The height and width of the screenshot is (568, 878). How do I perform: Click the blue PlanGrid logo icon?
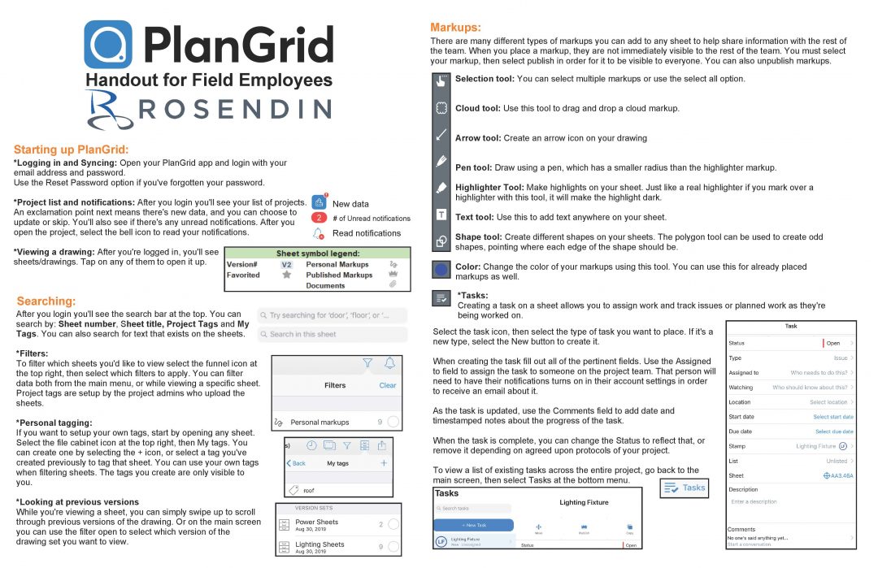click(108, 45)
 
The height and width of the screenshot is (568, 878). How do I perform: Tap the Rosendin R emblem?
click(111, 110)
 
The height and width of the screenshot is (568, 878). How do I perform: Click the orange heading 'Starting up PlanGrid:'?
click(72, 150)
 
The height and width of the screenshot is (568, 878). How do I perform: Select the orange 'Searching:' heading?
click(46, 301)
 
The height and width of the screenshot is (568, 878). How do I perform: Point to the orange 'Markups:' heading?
click(455, 28)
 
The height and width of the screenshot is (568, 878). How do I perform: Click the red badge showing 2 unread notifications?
click(319, 218)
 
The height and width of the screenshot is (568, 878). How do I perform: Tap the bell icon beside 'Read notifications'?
click(319, 233)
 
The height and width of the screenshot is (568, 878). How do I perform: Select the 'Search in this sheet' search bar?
click(333, 334)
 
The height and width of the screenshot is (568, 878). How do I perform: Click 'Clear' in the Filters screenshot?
click(388, 385)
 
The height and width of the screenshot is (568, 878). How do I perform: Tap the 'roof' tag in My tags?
click(308, 490)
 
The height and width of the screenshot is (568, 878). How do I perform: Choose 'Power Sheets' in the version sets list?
click(316, 522)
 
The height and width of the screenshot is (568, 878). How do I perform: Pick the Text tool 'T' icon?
click(441, 215)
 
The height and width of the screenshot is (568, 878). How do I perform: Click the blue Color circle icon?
click(441, 269)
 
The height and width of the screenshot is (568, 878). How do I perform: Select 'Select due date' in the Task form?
click(833, 431)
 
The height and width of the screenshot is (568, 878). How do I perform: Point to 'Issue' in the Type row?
click(840, 358)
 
